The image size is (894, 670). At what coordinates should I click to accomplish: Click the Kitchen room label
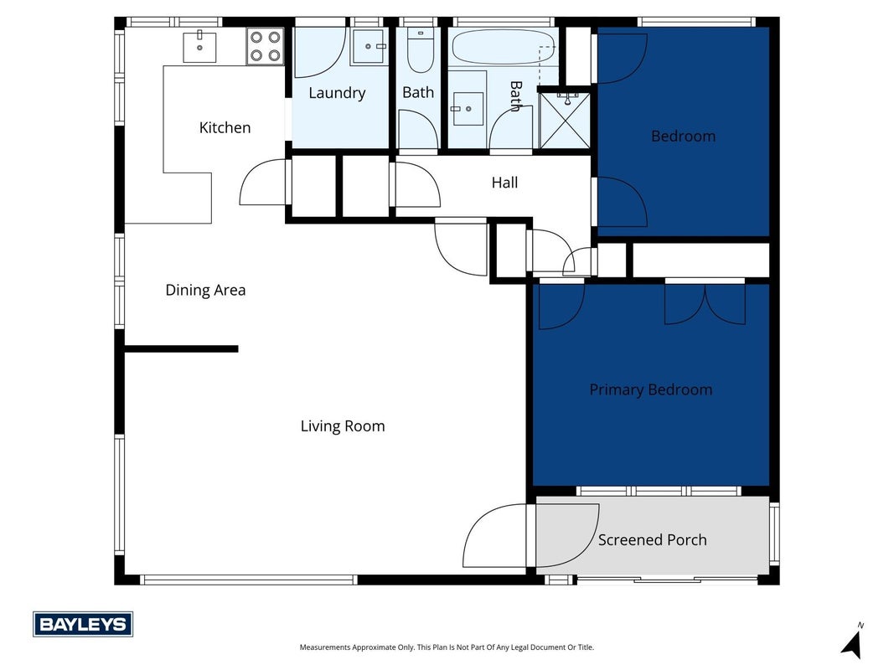click(x=225, y=127)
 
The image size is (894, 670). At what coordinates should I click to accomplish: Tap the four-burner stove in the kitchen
click(x=265, y=45)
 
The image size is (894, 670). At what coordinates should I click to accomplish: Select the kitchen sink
click(x=199, y=47)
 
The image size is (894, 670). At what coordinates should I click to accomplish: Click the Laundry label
click(x=337, y=93)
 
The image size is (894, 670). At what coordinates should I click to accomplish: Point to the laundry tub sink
click(x=369, y=45)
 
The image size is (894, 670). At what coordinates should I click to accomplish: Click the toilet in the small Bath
click(x=421, y=51)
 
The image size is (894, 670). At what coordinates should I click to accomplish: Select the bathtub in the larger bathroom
click(x=503, y=47)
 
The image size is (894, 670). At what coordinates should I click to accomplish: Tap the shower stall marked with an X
click(x=565, y=121)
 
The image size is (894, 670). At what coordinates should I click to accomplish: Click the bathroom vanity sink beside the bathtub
click(x=468, y=108)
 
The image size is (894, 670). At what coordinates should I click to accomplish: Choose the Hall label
click(x=504, y=183)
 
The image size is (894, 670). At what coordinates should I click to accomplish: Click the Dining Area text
click(x=205, y=290)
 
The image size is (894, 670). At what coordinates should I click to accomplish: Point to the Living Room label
click(x=343, y=426)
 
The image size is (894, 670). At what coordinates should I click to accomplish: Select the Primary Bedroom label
click(x=650, y=389)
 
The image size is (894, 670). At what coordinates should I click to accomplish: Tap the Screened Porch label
click(x=652, y=540)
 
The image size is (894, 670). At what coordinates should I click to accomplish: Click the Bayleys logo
click(x=83, y=625)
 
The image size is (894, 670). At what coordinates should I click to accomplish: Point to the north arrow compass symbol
click(x=852, y=641)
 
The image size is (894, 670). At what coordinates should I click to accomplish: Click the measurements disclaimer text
click(x=447, y=647)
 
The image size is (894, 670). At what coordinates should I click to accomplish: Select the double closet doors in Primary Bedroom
click(x=705, y=303)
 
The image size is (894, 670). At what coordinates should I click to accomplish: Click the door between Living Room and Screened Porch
click(x=495, y=535)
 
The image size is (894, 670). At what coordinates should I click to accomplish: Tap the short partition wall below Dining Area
click(x=181, y=348)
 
